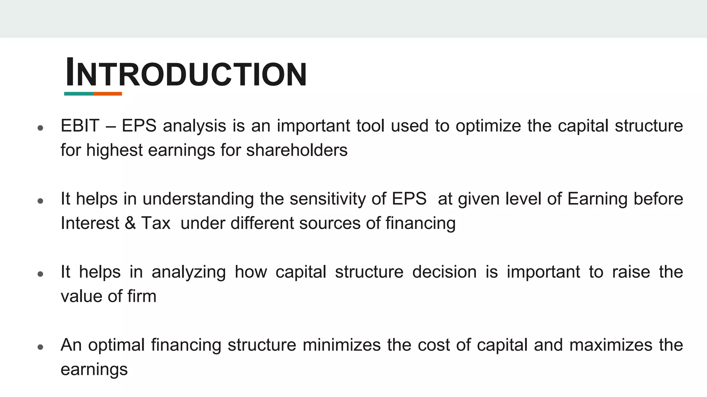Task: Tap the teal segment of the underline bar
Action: pos(78,94)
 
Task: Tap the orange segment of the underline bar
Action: pos(107,94)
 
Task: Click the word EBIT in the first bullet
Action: pos(80,126)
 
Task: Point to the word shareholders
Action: pos(297,150)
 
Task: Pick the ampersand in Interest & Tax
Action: pos(130,223)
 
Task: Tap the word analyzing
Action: pos(188,272)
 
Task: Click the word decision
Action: pos(444,272)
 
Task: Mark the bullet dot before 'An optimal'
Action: pos(40,347)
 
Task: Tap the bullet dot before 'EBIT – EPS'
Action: pos(40,128)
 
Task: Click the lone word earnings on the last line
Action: pos(94,369)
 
